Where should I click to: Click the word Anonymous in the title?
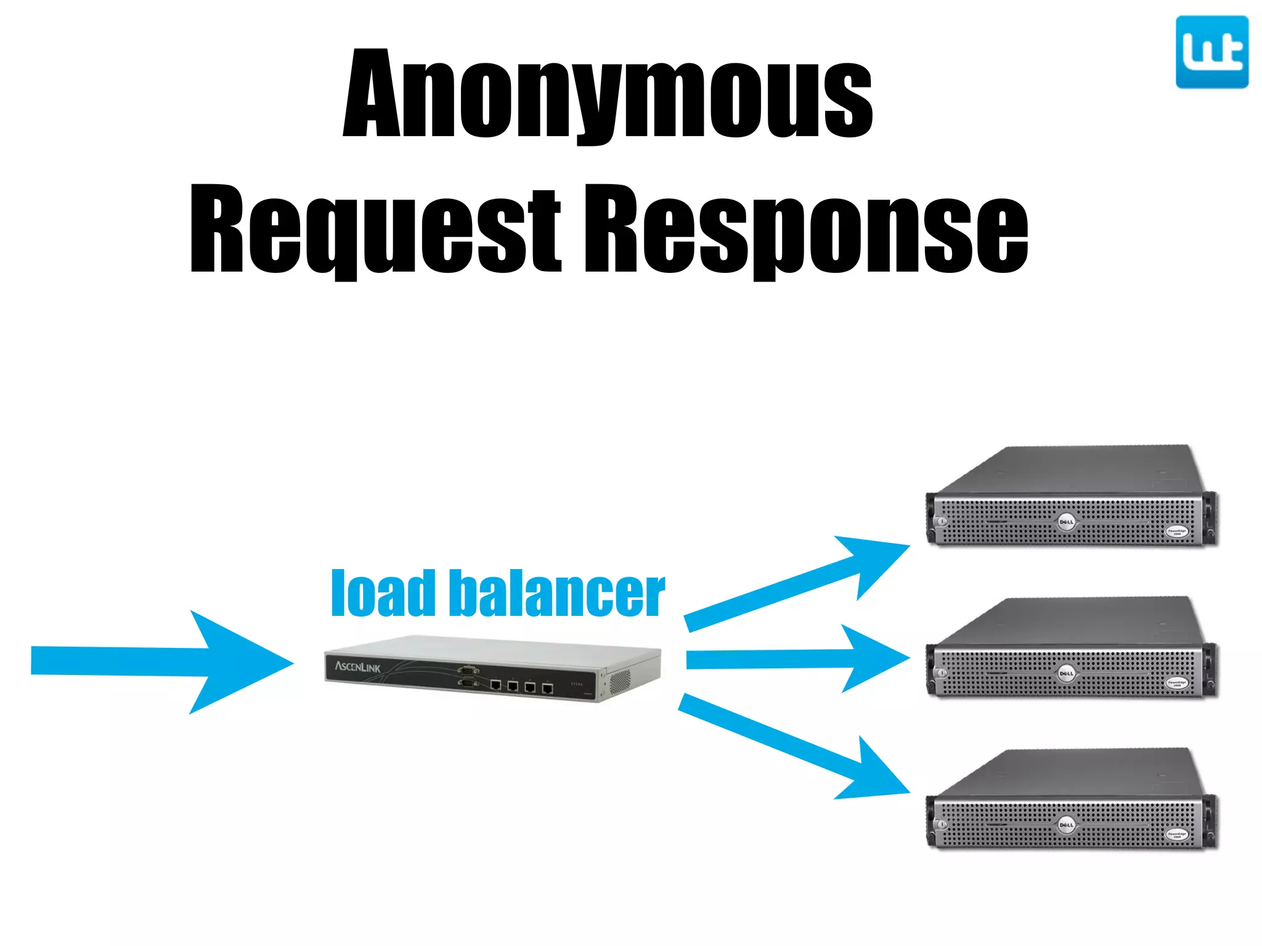(x=608, y=95)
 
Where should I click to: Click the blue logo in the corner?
(x=1211, y=52)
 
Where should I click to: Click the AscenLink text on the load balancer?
(x=357, y=667)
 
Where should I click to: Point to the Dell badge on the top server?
(x=1066, y=522)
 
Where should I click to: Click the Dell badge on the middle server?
(x=1066, y=673)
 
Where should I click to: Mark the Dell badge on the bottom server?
(x=1066, y=824)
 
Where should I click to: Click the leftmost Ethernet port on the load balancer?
(x=495, y=685)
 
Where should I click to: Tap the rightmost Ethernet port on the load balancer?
(x=547, y=688)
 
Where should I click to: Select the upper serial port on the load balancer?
(x=468, y=670)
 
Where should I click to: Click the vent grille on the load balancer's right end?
(x=619, y=681)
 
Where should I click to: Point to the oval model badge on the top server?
(x=1176, y=532)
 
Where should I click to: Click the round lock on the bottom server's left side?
(x=942, y=824)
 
